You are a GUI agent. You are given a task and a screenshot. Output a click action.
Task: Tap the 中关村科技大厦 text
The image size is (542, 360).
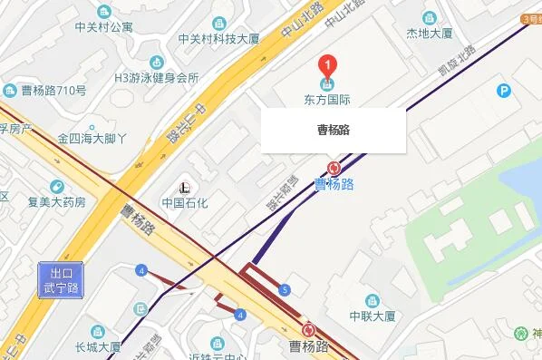point(221,38)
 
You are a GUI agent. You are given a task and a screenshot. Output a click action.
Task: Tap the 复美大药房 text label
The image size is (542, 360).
point(56,201)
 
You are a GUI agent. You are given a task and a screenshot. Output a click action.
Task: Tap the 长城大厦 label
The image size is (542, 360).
point(97,346)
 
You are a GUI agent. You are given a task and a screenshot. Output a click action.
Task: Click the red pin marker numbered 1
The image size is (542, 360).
point(327,64)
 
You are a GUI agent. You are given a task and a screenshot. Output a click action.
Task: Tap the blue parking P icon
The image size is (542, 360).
point(503,90)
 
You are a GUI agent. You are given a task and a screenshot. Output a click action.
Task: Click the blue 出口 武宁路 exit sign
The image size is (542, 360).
point(61,278)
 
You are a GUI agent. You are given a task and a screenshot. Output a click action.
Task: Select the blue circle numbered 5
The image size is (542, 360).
point(286,290)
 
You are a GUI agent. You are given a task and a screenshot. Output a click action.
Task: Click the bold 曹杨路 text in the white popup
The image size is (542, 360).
point(334,130)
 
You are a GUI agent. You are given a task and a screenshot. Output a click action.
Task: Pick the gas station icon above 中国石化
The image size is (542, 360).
point(185,187)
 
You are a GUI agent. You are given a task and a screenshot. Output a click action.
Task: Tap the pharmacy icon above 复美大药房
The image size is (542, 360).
point(56,185)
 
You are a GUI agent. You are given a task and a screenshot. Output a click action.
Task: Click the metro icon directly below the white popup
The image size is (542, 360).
point(334,168)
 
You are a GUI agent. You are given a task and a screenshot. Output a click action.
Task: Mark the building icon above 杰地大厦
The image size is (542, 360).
point(430,17)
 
